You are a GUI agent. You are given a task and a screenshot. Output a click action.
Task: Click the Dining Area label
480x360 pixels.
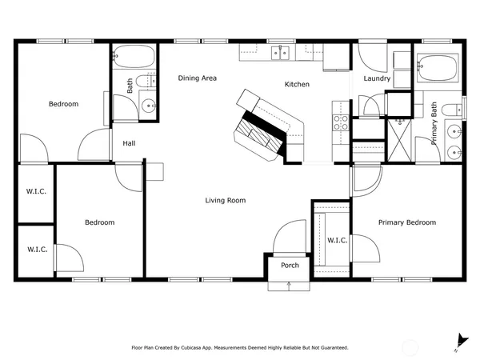pos(197,78)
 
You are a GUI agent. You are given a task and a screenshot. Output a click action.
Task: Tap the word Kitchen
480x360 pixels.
pos(297,84)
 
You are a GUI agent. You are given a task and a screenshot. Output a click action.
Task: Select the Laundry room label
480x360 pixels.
pos(376,78)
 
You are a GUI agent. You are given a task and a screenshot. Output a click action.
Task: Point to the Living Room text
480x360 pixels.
pos(225,200)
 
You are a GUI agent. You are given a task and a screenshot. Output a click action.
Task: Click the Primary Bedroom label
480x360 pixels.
pos(407,222)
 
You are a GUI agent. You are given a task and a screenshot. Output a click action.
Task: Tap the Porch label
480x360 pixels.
pos(290,265)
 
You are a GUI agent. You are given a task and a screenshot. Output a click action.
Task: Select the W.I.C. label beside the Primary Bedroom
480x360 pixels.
pos(337,240)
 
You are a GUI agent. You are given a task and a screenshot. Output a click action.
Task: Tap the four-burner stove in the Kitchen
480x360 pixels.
pos(340,122)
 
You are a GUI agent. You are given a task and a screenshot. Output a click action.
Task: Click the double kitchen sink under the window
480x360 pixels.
pos(281,53)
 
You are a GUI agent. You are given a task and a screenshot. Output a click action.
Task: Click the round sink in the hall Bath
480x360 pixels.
pos(147,106)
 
